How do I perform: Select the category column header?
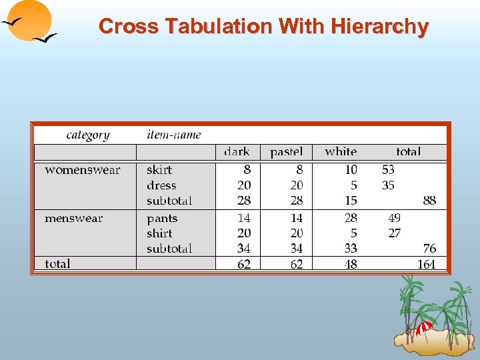(x=88, y=135)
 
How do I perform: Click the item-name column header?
(x=173, y=135)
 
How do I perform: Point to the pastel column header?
(x=286, y=152)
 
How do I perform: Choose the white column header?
(x=341, y=152)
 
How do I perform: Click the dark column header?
(x=237, y=152)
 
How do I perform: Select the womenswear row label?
(x=83, y=170)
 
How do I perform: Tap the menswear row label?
(x=73, y=219)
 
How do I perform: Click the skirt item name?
(x=159, y=170)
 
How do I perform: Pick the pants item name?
(x=162, y=219)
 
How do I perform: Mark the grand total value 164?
(x=426, y=265)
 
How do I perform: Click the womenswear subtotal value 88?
(x=430, y=200)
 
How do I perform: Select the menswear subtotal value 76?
(x=430, y=249)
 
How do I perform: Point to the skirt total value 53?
(x=388, y=170)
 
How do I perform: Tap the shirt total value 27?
(x=394, y=233)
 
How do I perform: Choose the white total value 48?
(x=351, y=265)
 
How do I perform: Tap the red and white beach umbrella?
(x=424, y=327)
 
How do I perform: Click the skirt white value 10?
(x=351, y=170)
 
